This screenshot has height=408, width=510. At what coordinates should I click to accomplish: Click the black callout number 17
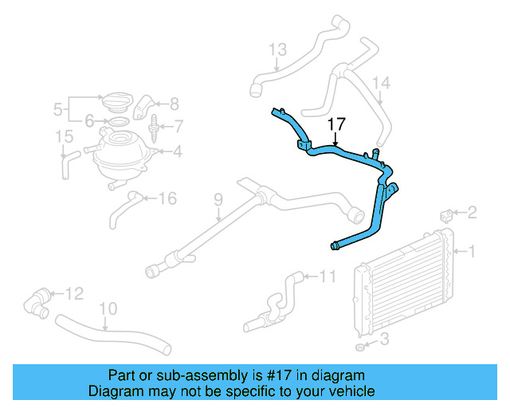point(336,124)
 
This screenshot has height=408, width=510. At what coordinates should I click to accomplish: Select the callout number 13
point(278,49)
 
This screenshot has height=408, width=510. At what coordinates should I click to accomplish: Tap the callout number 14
point(381,83)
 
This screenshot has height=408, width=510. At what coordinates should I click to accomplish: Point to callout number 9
point(218,199)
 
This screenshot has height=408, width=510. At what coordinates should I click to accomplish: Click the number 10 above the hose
point(108,308)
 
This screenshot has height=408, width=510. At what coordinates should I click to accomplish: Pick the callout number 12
point(74,294)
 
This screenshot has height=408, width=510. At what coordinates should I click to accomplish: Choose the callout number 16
point(167,198)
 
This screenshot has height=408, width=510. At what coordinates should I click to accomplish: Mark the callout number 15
point(64,136)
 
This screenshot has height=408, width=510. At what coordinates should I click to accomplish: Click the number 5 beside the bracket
point(57,109)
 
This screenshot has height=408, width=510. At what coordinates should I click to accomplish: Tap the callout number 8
point(175,104)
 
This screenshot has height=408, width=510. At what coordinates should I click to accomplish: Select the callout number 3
point(384,339)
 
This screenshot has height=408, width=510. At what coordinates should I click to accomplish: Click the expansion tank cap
point(118,100)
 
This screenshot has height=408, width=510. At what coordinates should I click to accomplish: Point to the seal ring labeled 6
point(119,122)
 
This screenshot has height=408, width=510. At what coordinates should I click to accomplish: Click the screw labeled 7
point(154,129)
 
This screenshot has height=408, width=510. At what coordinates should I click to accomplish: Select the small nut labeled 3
point(359,347)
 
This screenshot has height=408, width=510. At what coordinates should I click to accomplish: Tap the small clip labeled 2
point(446,216)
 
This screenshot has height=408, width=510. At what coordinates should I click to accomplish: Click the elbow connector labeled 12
point(37,303)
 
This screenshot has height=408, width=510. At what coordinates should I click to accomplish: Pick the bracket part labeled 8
point(143,107)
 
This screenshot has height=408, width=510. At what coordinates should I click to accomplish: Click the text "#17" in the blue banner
point(279,375)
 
